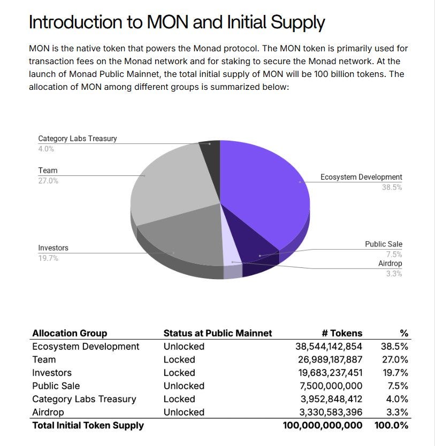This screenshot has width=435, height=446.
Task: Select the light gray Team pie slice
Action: pos(171,182)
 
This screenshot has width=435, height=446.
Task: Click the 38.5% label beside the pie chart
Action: pos(392,188)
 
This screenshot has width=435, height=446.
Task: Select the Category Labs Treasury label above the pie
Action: pos(77,139)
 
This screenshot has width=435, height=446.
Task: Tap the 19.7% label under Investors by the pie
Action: pos(48,258)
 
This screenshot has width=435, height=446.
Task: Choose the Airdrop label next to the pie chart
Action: pos(390,264)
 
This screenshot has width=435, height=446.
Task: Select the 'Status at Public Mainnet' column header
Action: pos(217,333)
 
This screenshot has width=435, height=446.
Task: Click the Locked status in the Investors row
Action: pos(179,373)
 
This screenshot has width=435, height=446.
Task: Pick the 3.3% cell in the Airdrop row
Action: pos(398,412)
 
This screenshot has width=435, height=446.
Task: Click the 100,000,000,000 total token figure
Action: pos(322,425)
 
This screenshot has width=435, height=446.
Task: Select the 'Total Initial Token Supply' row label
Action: pos(88,425)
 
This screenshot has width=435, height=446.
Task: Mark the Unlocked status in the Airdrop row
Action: pos(184,412)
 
